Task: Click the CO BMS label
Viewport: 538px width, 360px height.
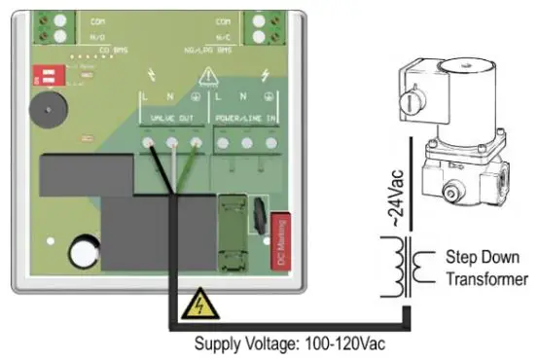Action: (x=98, y=48)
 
